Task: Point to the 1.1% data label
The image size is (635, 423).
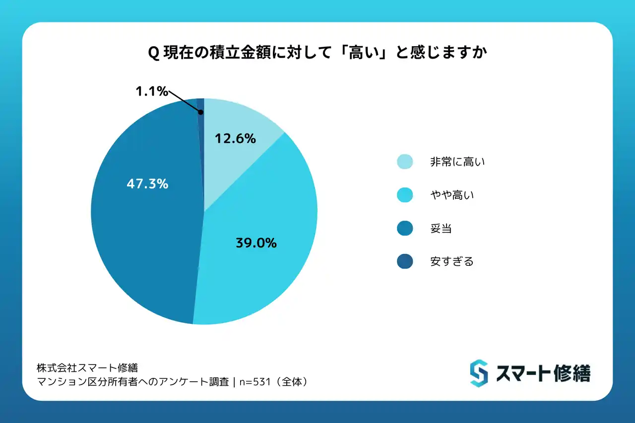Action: click(x=151, y=92)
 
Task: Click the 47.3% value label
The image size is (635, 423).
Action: click(x=147, y=184)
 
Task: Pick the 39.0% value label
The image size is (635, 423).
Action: click(x=255, y=243)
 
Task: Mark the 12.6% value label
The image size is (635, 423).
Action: click(x=235, y=139)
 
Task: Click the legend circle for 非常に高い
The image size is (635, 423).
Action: click(x=405, y=162)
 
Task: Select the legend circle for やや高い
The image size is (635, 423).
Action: click(x=405, y=195)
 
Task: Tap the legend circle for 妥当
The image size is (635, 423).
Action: click(x=405, y=228)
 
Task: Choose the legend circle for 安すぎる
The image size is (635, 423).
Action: click(x=405, y=261)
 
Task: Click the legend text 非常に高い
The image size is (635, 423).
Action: click(x=457, y=162)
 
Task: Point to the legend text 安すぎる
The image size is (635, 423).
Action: click(x=451, y=261)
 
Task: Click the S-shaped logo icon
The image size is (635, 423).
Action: click(x=479, y=373)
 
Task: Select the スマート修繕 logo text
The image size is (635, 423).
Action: click(x=543, y=373)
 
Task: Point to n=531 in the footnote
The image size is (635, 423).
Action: click(x=254, y=382)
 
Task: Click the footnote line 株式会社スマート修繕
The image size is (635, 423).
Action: click(x=87, y=368)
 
